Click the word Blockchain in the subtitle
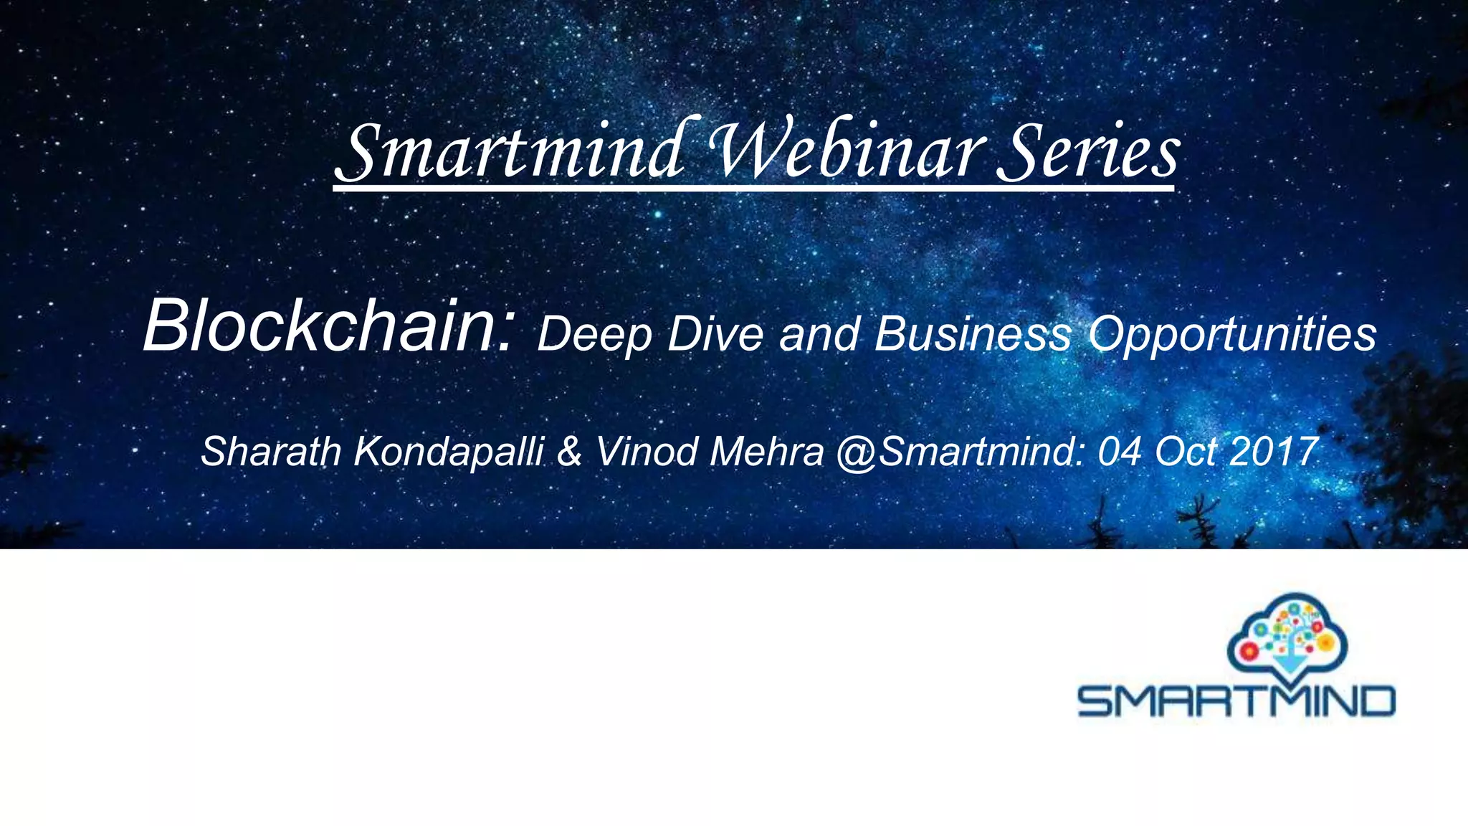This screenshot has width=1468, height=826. (328, 326)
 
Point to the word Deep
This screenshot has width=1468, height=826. (594, 335)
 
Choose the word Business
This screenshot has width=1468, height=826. (973, 333)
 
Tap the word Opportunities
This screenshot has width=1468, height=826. (1231, 335)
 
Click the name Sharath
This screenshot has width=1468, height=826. (270, 452)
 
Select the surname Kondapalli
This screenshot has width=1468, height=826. (449, 452)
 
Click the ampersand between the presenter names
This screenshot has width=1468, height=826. (569, 452)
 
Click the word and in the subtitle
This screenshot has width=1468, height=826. (819, 333)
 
